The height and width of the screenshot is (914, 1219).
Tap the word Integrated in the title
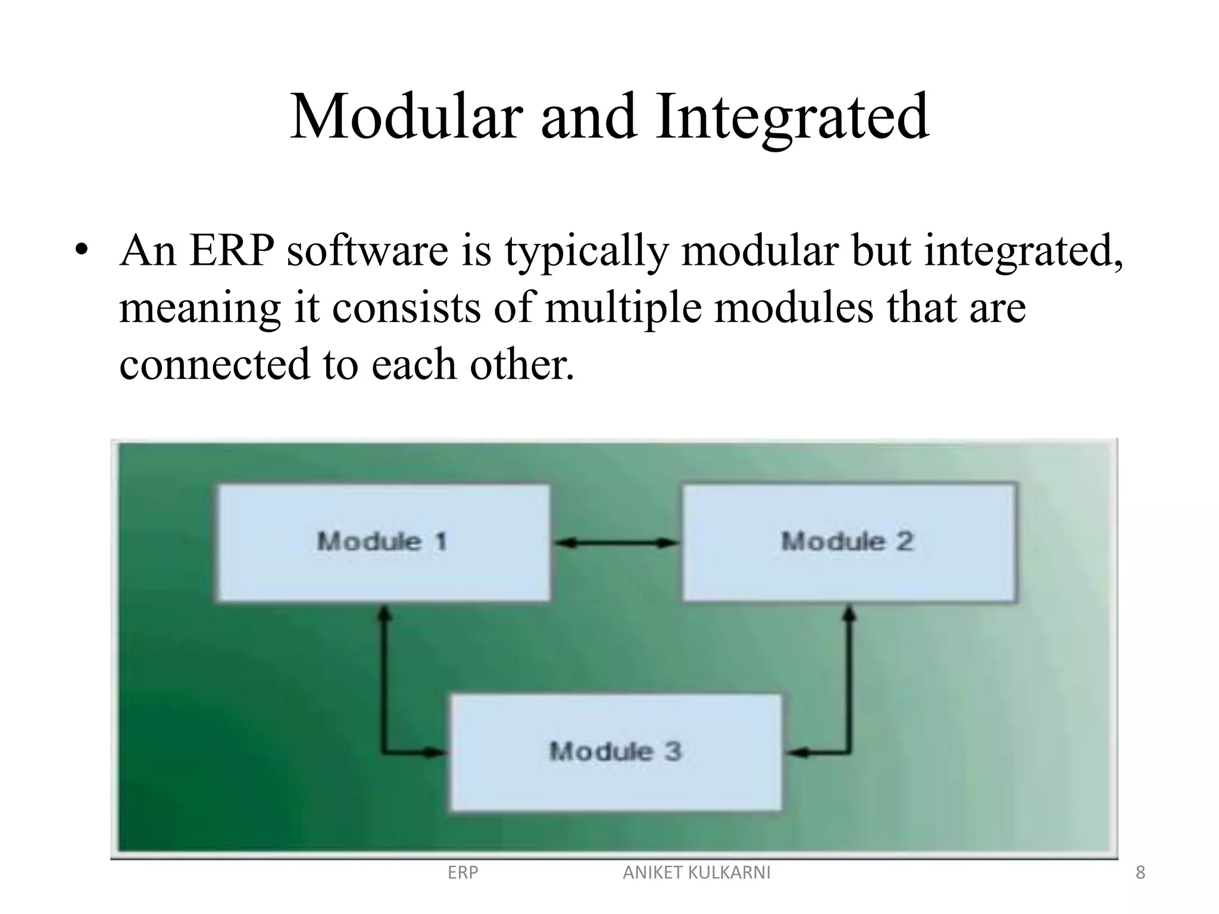[x=792, y=117]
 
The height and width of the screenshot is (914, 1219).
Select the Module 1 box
[x=383, y=542]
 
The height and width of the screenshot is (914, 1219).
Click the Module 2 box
[x=848, y=542]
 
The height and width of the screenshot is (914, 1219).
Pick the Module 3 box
[x=615, y=752]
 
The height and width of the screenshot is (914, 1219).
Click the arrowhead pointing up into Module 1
[x=385, y=613]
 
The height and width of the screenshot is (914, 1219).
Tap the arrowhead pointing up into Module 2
[x=850, y=613]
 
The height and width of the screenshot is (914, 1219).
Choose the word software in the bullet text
[x=367, y=251]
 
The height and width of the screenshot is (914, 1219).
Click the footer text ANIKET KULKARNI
[x=696, y=872]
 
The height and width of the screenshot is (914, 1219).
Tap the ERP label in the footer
[x=462, y=872]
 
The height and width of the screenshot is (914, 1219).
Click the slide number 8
[x=1140, y=872]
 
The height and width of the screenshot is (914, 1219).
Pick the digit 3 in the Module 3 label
[x=673, y=751]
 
